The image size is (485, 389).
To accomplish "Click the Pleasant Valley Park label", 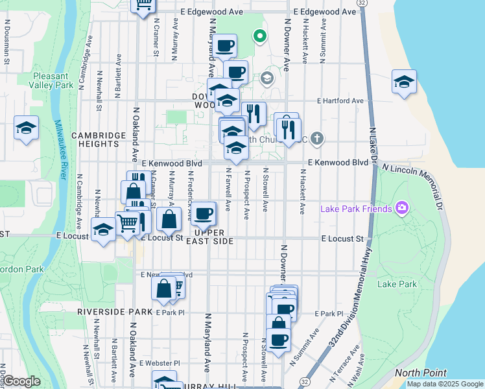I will coord(53,80).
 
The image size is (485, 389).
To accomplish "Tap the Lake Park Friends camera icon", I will coord(403,208).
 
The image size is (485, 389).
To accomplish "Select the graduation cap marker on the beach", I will coord(404,82).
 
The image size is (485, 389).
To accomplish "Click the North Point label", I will coord(420,373).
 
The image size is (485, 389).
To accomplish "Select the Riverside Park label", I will coord(104,311).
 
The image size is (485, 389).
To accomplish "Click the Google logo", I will coord(21,381).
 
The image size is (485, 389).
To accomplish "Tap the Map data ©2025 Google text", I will coord(444,384).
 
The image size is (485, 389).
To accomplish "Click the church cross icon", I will coord(317,138).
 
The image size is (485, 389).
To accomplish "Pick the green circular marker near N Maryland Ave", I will coord(260,36).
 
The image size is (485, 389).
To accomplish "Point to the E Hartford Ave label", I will coord(340,101).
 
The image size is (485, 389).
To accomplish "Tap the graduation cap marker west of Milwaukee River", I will coord(27,128).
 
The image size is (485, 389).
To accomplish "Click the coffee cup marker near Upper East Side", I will coord(204,213).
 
